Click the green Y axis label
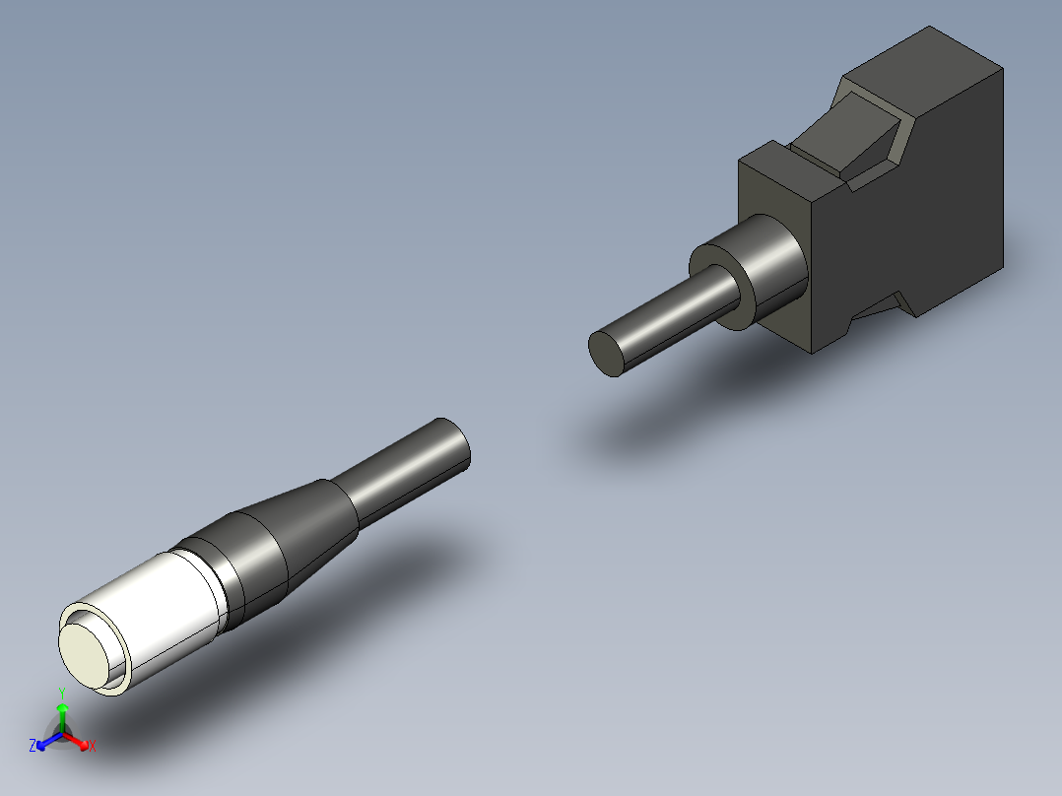tap(62, 694)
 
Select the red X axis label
tap(93, 746)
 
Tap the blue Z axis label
tap(33, 746)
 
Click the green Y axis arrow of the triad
tap(62, 717)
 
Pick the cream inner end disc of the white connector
tap(85, 654)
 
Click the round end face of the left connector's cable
tap(455, 441)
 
